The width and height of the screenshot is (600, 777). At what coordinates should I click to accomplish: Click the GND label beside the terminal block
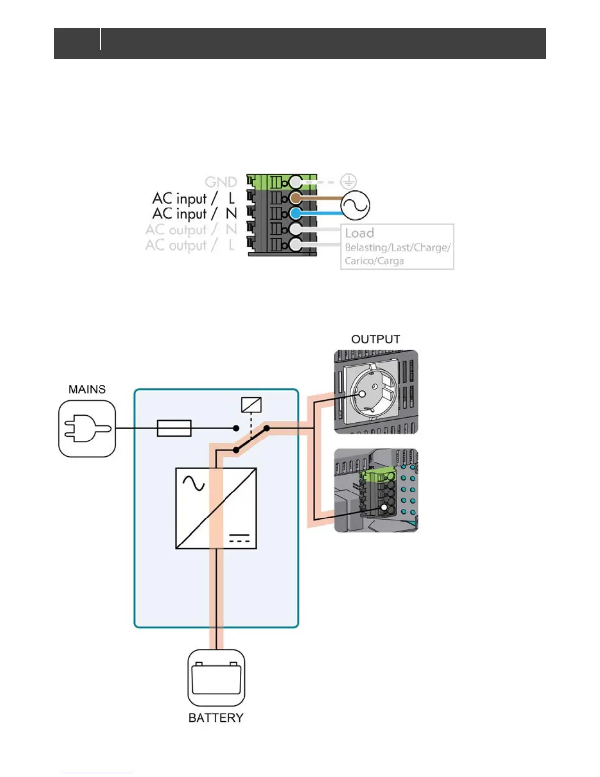[221, 182]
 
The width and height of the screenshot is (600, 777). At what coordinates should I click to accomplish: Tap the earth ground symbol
[348, 181]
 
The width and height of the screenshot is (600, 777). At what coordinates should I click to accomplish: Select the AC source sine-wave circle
[355, 205]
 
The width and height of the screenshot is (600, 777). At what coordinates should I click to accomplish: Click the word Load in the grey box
[359, 233]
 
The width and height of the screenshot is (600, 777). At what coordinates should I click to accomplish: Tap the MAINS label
[87, 389]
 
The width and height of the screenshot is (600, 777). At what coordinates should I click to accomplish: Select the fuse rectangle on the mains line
[174, 428]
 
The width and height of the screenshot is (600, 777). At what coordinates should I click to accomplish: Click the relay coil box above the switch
[251, 405]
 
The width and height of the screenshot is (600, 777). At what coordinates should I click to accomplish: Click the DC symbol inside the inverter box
[239, 538]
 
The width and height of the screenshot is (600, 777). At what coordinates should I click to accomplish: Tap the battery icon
[216, 678]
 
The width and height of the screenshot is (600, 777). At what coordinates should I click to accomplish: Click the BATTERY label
[216, 718]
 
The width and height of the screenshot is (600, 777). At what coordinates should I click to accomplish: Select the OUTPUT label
[375, 339]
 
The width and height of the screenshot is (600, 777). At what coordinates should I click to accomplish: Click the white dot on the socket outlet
[362, 394]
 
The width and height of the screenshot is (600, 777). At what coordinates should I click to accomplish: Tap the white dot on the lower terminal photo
[385, 508]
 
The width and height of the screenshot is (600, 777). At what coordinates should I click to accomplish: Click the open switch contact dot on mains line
[236, 428]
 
